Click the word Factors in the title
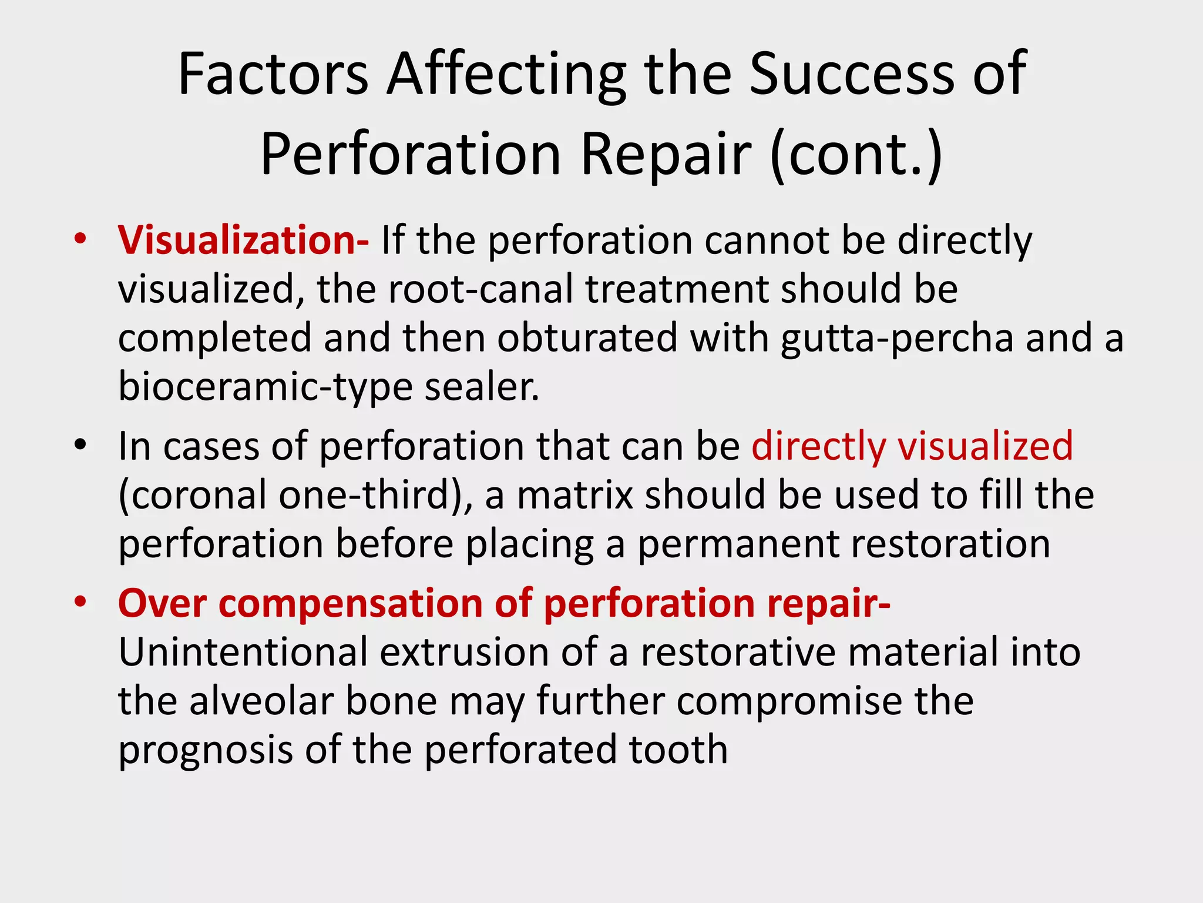[273, 74]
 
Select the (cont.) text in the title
[856, 155]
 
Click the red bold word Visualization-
[243, 241]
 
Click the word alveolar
[261, 701]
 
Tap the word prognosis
[205, 751]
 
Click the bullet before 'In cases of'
[80, 444]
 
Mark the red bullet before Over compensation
[80, 601]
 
